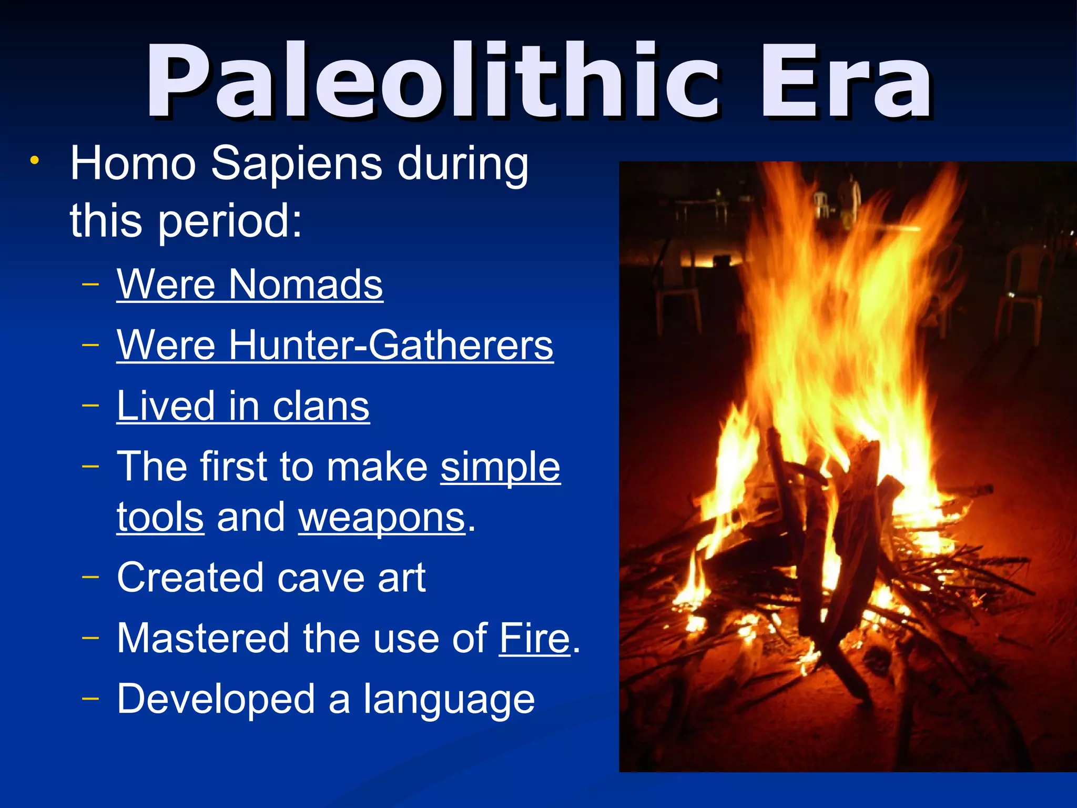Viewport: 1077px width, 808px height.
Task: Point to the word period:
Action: click(x=230, y=221)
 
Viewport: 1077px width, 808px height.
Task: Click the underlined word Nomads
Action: click(x=306, y=285)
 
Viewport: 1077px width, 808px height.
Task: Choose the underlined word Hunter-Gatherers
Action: click(x=390, y=346)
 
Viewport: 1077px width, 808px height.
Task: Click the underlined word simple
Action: click(x=500, y=467)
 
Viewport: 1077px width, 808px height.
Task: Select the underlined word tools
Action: click(x=160, y=518)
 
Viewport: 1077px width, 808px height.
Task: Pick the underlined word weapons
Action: click(x=382, y=518)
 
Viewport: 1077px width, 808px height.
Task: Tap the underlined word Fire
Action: click(x=534, y=639)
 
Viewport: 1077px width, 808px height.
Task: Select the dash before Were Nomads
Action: click(x=90, y=285)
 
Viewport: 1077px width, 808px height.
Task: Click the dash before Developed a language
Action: click(x=90, y=699)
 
